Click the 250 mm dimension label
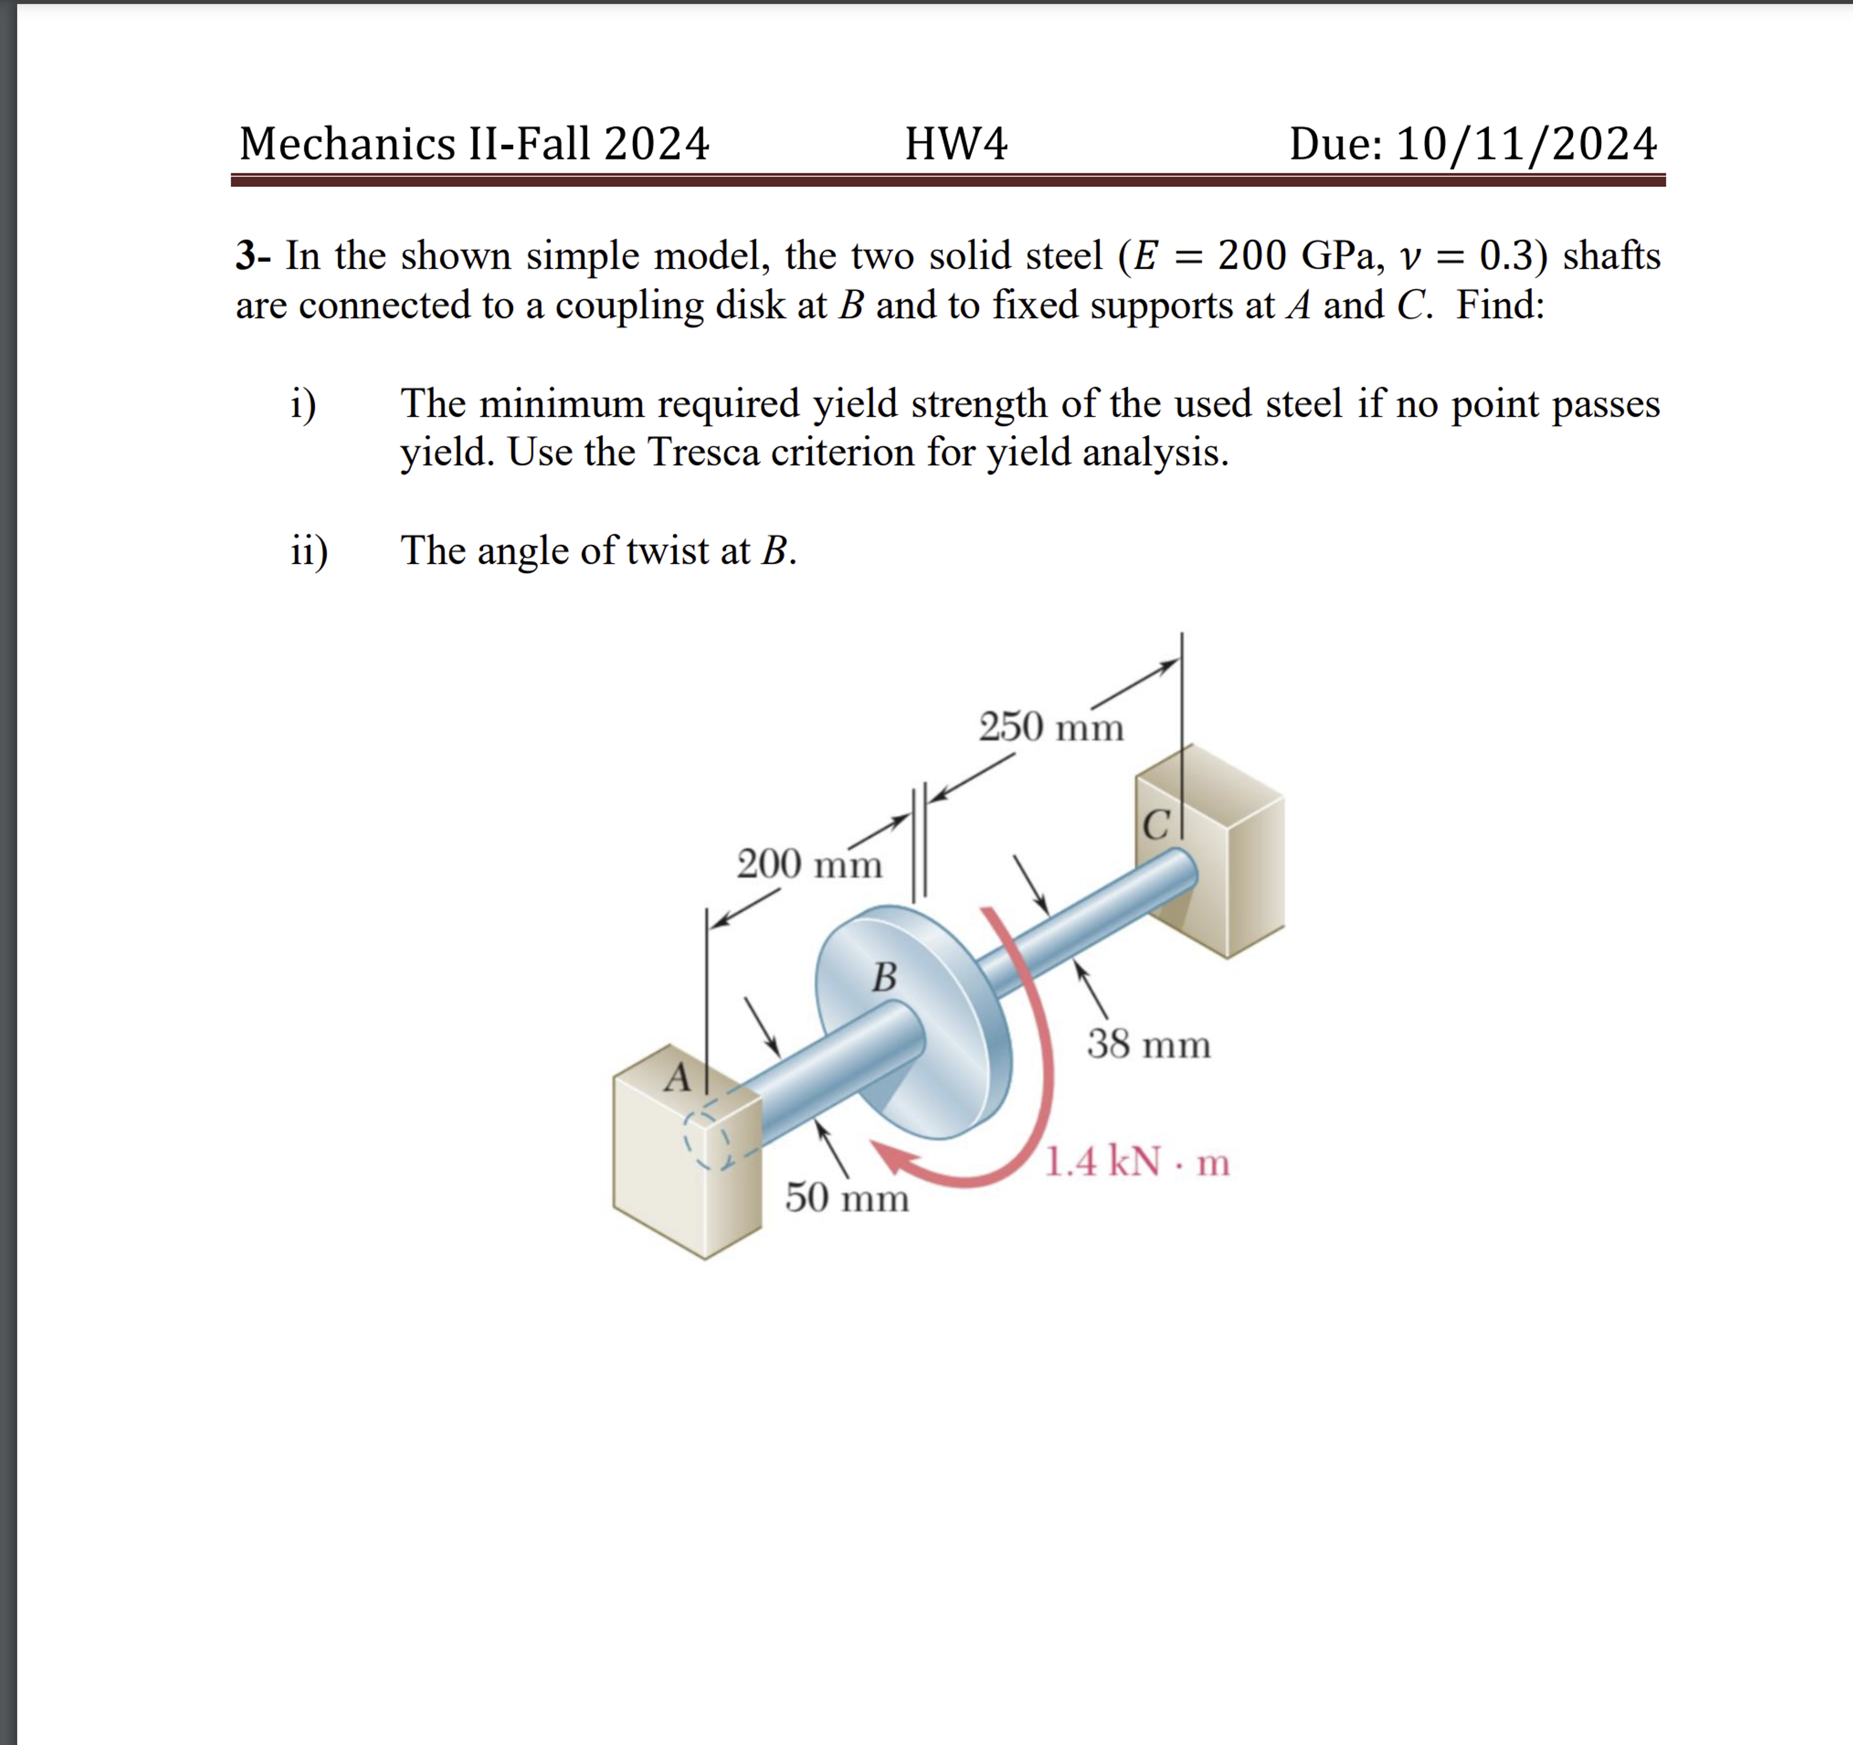(x=1051, y=727)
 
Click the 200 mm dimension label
(x=809, y=864)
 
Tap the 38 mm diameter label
(x=1148, y=1044)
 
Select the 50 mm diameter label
(x=846, y=1197)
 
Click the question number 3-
(x=252, y=255)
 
